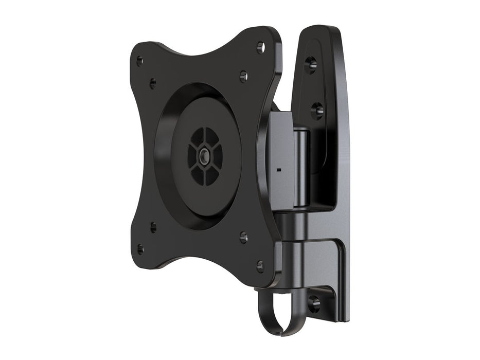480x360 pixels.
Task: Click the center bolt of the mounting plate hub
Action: (x=205, y=156)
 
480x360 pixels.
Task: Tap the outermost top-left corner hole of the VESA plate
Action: (x=139, y=61)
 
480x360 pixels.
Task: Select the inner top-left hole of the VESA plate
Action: (x=153, y=83)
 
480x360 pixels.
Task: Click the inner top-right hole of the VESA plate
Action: (x=244, y=76)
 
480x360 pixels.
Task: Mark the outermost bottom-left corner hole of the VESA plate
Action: (x=140, y=250)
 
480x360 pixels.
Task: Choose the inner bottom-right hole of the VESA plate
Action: (x=243, y=238)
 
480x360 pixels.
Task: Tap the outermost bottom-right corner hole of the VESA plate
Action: (x=260, y=266)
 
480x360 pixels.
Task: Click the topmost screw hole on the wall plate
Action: (x=311, y=64)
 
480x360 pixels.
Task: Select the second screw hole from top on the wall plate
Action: (x=317, y=110)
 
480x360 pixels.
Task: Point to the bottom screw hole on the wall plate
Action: (x=313, y=303)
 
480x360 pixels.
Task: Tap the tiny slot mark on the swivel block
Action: (x=278, y=168)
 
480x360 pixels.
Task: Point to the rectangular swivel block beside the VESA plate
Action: (x=281, y=159)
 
